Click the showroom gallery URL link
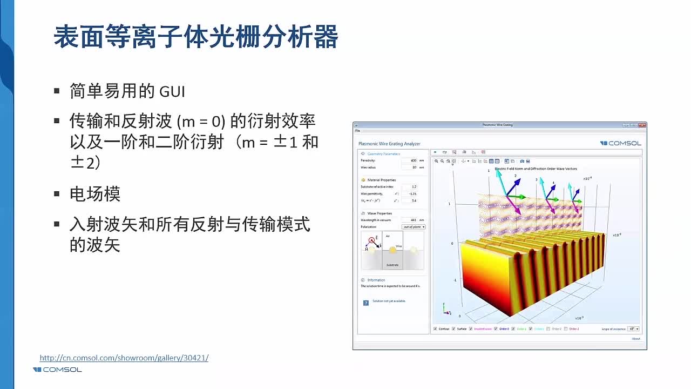(x=124, y=358)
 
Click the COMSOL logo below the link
(x=57, y=370)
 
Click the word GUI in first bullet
(x=172, y=91)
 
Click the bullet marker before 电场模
(x=57, y=193)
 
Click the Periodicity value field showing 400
(x=410, y=160)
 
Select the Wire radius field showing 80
(x=410, y=167)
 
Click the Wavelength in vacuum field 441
(x=410, y=220)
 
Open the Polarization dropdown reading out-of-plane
(x=413, y=227)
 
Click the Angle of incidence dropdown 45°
(x=633, y=328)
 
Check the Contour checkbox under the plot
(x=436, y=328)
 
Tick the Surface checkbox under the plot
(x=453, y=328)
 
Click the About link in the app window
(x=636, y=339)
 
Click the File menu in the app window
(x=357, y=131)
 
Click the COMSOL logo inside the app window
(x=621, y=143)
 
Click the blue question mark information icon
(x=365, y=303)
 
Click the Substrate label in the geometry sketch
(x=392, y=265)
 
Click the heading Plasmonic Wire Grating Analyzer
(x=389, y=144)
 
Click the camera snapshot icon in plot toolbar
(x=522, y=161)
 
